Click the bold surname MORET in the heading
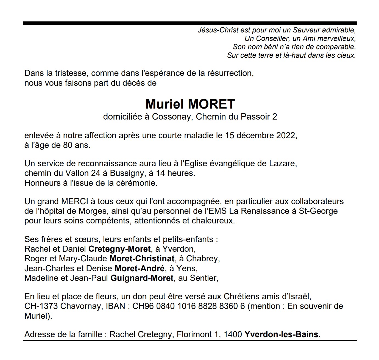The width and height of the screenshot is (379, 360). (x=211, y=104)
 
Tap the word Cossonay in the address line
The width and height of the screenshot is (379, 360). (x=170, y=117)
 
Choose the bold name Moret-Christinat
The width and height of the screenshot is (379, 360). (x=142, y=259)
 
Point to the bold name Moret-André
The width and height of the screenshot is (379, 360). (x=140, y=268)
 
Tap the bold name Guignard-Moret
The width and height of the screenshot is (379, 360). (x=142, y=278)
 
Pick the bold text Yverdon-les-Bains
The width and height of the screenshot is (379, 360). (x=282, y=335)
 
